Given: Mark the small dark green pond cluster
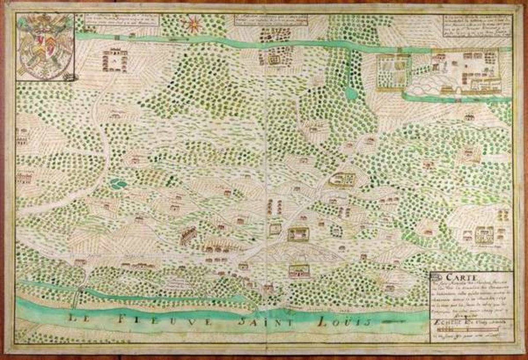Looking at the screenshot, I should tap(119, 183).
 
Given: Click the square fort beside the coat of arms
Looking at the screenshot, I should tap(114, 60).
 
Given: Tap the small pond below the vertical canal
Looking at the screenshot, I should tap(351, 93).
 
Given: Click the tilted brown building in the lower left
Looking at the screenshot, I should tap(188, 236).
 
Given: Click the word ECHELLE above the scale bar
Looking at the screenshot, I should tap(447, 324).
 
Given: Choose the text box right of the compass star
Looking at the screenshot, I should tap(273, 22).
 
